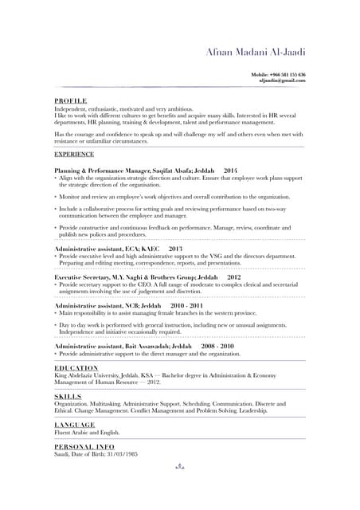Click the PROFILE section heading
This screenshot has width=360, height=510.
(x=70, y=102)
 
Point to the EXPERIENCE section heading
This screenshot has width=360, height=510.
(x=74, y=153)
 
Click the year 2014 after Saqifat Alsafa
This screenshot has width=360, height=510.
(x=230, y=171)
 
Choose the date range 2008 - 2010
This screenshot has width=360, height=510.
(x=217, y=347)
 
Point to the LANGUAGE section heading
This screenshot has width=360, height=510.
(x=74, y=425)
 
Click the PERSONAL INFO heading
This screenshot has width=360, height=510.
(x=84, y=446)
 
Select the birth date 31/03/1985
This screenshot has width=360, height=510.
(x=119, y=453)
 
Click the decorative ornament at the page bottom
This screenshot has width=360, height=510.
(x=180, y=468)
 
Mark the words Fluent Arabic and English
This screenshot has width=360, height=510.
(x=87, y=432)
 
